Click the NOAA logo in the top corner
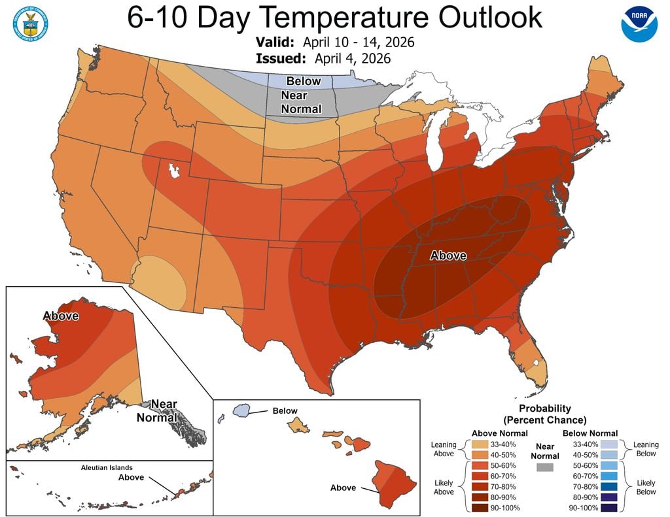[639, 24]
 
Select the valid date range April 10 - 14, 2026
[359, 42]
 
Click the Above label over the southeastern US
[448, 256]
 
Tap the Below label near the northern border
[304, 81]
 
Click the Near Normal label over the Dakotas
[301, 102]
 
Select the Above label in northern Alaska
[61, 316]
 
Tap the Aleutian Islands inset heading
[107, 467]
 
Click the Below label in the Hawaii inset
[285, 411]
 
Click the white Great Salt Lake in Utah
[174, 171]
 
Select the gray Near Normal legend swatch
[544, 467]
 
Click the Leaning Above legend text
[444, 449]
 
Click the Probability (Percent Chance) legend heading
[544, 414]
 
